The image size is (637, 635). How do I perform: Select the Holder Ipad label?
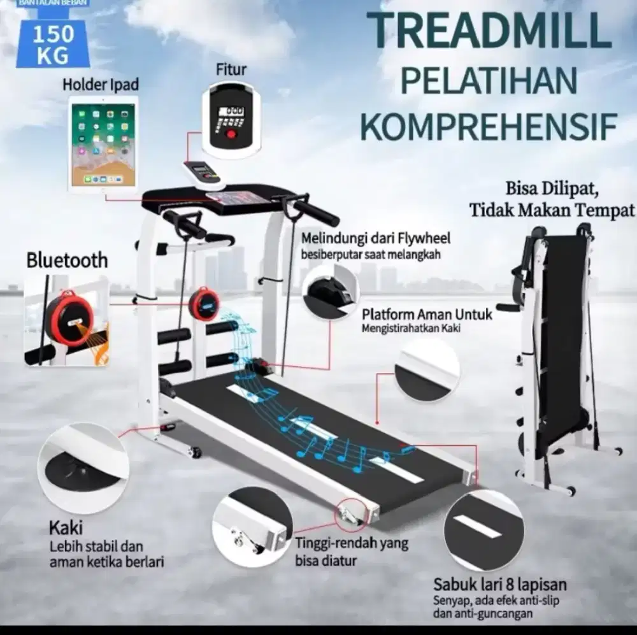click(101, 84)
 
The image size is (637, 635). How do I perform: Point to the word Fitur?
click(231, 69)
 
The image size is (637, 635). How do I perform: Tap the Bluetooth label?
click(67, 260)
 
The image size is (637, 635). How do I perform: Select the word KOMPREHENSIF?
click(489, 126)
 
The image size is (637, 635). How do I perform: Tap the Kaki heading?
click(66, 528)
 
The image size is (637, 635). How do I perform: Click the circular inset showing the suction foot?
click(83, 459)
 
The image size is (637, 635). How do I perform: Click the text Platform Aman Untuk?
click(427, 314)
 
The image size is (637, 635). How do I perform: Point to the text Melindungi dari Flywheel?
click(376, 239)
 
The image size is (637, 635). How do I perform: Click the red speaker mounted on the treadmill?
click(204, 303)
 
